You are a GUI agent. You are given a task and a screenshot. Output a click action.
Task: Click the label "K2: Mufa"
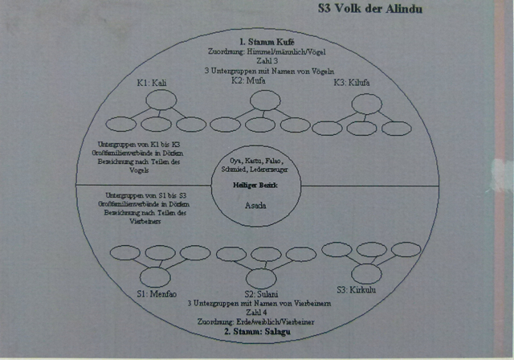[247, 80]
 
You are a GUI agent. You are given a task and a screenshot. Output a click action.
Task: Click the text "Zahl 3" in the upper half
[266, 60]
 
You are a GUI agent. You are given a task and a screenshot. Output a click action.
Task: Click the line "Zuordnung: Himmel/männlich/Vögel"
[266, 51]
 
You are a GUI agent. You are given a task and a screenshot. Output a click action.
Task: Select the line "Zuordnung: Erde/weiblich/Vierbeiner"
[259, 321]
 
